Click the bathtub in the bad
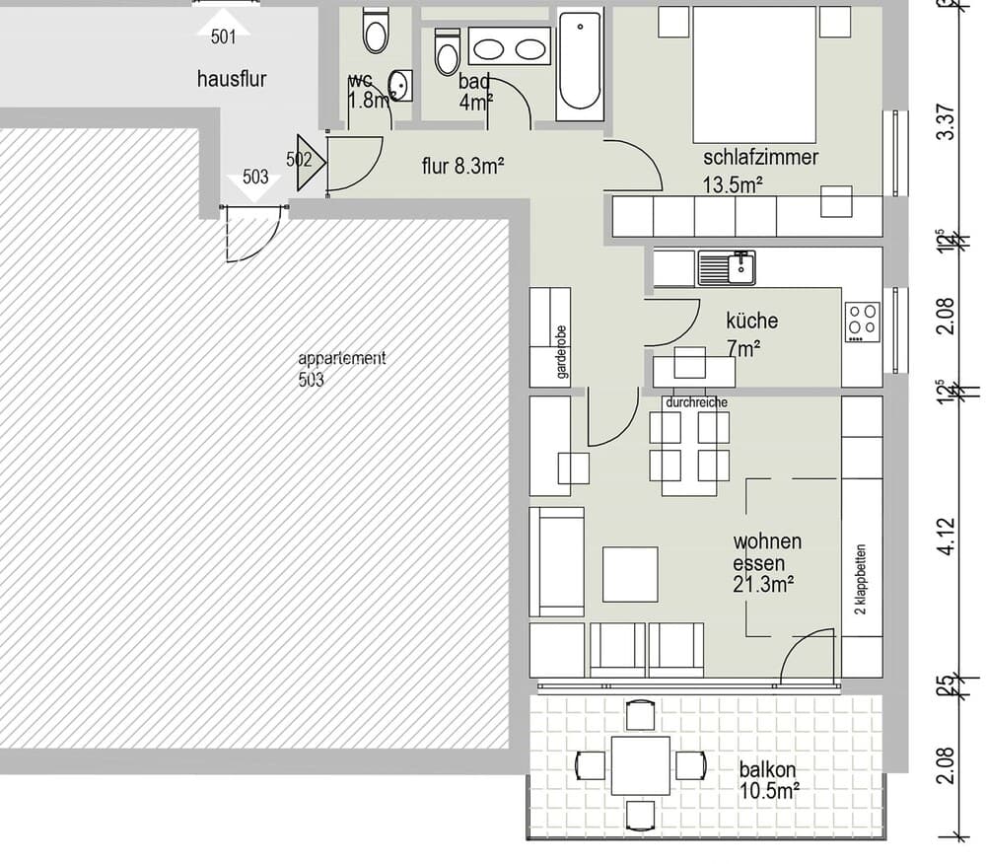point(580,64)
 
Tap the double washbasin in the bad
point(510,46)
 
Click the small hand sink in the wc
point(400,85)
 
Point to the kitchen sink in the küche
point(727,266)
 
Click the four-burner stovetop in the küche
point(863,320)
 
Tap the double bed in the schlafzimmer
point(754,75)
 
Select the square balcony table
point(640,765)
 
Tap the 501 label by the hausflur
point(224,37)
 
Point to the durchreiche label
point(697,402)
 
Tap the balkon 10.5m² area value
point(769,789)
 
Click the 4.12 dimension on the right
point(947,537)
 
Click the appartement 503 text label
point(341,368)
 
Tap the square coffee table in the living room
point(630,574)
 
